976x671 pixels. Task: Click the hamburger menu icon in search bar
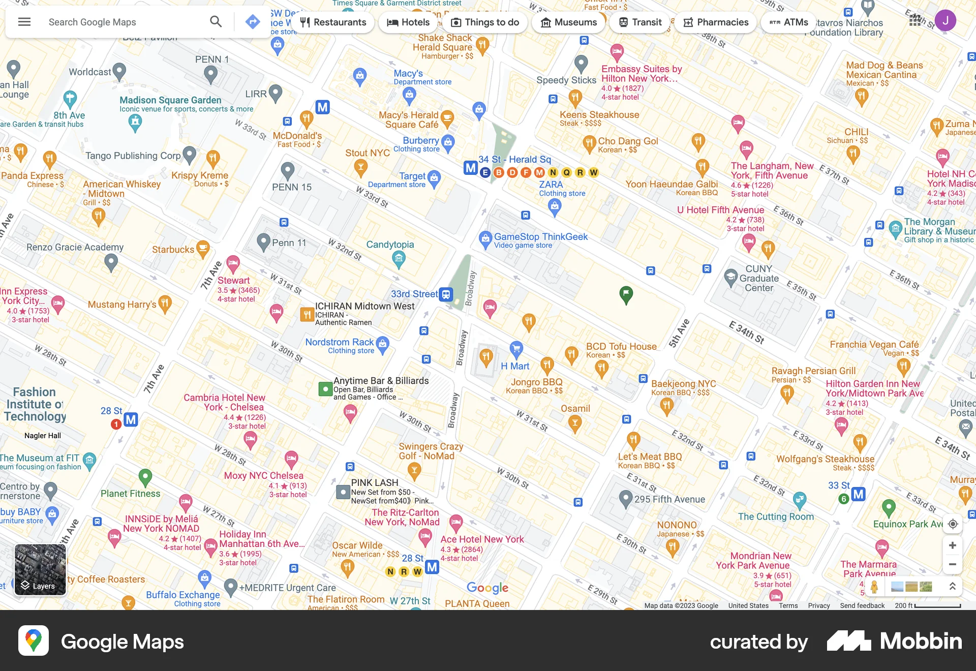click(x=24, y=22)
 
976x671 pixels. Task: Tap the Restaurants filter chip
click(x=333, y=22)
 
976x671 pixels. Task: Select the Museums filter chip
click(x=568, y=22)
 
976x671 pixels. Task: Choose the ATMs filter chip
click(x=788, y=22)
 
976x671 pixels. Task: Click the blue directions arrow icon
click(x=253, y=22)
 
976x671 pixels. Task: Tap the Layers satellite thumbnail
click(x=40, y=569)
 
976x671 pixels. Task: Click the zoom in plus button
click(x=953, y=545)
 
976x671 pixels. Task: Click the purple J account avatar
click(x=945, y=21)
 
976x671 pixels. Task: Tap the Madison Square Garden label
click(x=170, y=100)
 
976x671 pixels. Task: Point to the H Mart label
click(x=515, y=366)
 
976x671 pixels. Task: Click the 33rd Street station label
click(x=414, y=294)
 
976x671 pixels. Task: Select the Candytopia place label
click(x=390, y=245)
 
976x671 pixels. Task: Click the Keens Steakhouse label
click(x=599, y=115)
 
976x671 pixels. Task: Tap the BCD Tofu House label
click(x=621, y=347)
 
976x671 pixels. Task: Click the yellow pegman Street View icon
click(x=874, y=587)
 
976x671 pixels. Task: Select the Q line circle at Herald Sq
click(x=566, y=172)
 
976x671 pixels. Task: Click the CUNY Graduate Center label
click(x=759, y=278)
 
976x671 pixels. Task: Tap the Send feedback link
click(x=862, y=605)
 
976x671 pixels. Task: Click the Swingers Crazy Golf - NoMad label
click(x=431, y=451)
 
